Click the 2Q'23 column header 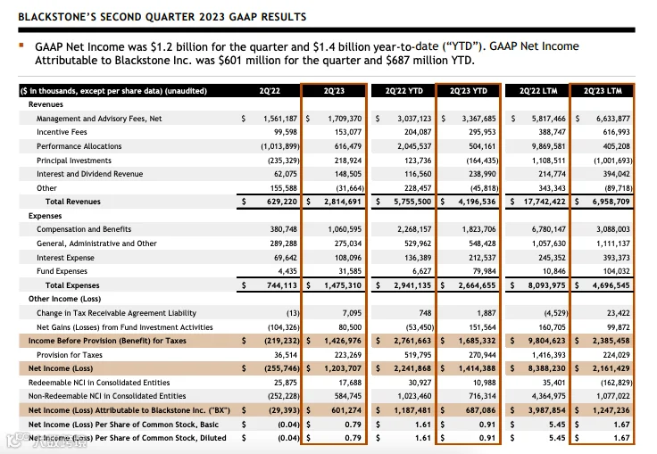point(333,91)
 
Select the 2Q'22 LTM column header point(536,91)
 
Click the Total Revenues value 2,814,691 point(337,202)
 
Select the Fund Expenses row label point(62,271)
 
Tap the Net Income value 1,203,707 point(337,368)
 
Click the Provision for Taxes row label point(70,354)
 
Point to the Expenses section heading point(46,216)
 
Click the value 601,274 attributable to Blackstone point(340,409)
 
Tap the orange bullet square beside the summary point(21,43)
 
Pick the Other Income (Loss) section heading point(64,299)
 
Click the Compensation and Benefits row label point(84,229)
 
